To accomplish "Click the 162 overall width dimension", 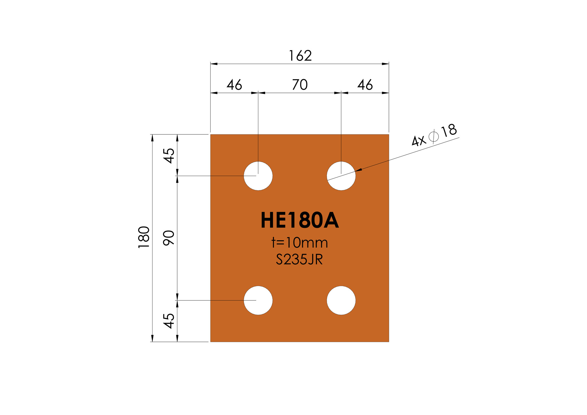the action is pos(300,56).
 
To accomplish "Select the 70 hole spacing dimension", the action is pos(300,85).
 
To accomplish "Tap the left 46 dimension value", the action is pos(234,85).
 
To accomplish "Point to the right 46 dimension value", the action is pos(365,85).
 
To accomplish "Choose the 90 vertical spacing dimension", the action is pos(169,238).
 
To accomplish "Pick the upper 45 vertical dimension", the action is pos(169,156).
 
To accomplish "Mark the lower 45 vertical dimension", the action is pos(169,321).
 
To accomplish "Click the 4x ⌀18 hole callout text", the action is pos(434,136).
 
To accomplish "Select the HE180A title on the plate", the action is pos(300,220).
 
